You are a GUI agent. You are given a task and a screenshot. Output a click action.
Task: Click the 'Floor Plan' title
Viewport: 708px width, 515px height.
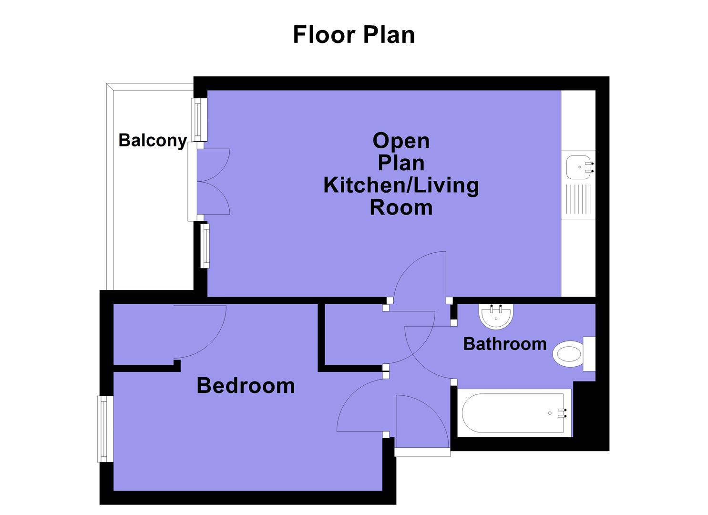[353, 35]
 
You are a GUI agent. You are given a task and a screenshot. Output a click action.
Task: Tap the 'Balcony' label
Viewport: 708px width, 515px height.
[152, 140]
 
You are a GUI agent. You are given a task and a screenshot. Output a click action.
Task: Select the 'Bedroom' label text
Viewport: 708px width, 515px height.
[246, 385]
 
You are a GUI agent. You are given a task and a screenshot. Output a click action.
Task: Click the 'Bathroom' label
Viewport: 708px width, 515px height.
[504, 344]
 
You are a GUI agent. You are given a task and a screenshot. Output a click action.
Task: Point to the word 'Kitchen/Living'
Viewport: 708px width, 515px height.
[401, 185]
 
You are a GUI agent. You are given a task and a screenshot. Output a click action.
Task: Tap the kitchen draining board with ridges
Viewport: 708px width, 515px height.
[578, 199]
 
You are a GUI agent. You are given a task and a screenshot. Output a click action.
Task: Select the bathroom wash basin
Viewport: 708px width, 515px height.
[496, 317]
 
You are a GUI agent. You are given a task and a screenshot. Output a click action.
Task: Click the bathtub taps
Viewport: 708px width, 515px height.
[565, 413]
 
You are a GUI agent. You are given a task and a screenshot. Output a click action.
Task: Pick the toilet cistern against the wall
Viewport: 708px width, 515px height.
[589, 354]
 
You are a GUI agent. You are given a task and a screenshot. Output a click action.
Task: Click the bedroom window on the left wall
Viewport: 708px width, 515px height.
[105, 429]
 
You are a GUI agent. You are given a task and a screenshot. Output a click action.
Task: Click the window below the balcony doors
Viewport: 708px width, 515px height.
[205, 246]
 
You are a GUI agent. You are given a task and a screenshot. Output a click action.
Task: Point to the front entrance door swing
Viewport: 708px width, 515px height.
[422, 422]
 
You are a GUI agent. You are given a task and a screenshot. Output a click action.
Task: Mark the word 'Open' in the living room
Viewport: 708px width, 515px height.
[401, 141]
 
